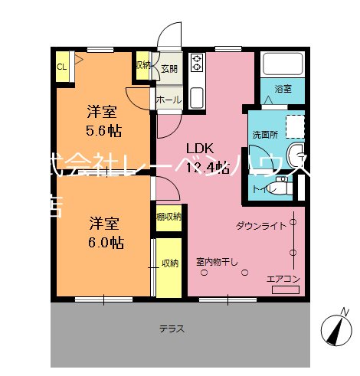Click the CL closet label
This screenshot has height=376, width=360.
tap(61, 66)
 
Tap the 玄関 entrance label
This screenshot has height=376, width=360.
tap(169, 69)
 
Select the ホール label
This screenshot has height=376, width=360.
tap(169, 100)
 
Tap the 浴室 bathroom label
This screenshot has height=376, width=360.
tap(283, 90)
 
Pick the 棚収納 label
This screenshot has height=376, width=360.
tap(169, 217)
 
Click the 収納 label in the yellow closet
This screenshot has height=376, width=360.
tap(169, 263)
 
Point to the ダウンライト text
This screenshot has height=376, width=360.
tap(260, 226)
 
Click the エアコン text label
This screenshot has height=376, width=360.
tap(282, 278)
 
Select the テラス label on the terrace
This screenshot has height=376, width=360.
tap(171, 329)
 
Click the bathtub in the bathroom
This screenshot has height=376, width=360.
tap(281, 66)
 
